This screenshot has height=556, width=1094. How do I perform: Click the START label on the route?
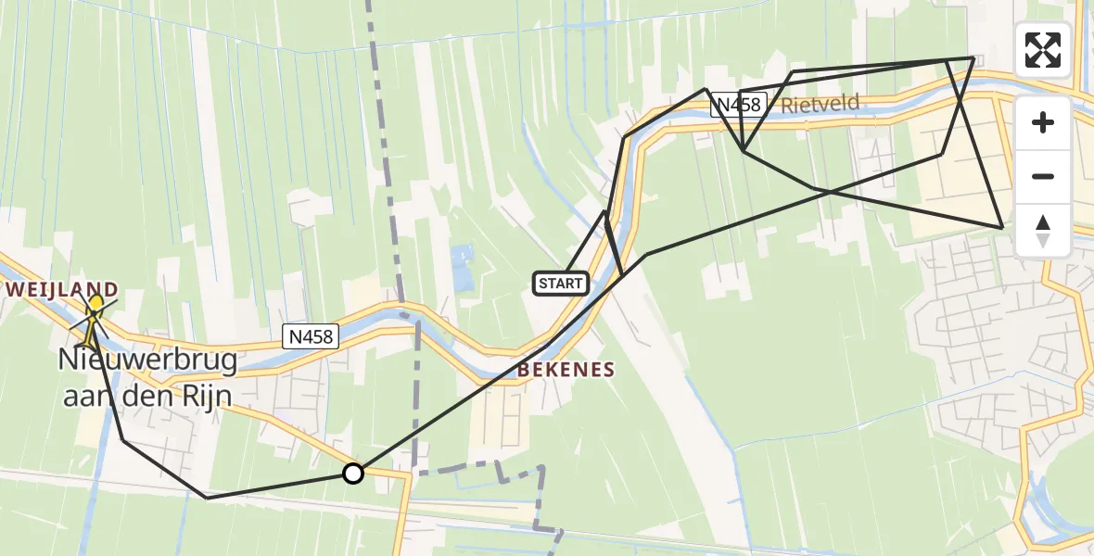point(561,284)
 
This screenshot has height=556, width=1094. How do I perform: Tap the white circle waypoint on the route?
point(353,474)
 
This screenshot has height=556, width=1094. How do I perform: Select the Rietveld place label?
point(820,104)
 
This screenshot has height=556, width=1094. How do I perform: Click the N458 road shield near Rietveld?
point(737,106)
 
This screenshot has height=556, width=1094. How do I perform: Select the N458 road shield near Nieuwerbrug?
point(311,338)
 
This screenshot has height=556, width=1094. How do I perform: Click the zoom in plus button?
point(1043,122)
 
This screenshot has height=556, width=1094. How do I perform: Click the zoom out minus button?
point(1043,176)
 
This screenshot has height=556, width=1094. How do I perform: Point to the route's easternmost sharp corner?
point(1002,227)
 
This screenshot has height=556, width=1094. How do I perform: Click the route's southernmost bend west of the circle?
point(208,498)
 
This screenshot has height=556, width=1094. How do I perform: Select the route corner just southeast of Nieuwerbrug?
point(123,440)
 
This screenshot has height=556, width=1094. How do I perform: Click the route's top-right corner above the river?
point(973,57)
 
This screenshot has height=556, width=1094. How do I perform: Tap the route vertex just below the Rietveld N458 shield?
point(744,150)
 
